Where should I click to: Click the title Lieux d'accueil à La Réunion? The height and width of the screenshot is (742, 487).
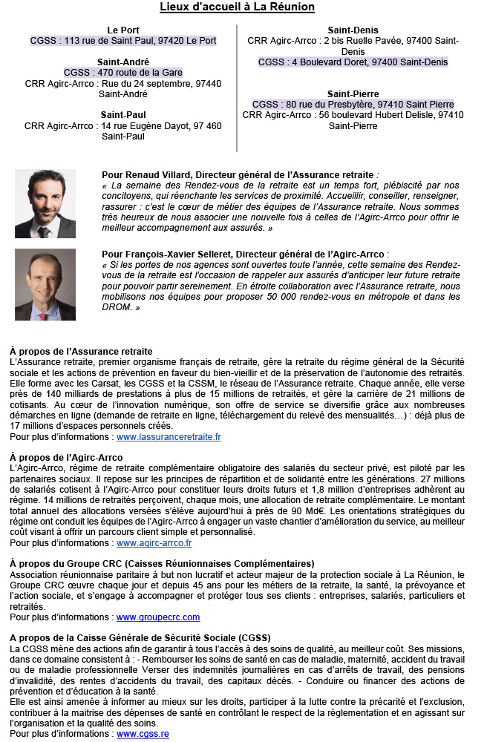pos(238,7)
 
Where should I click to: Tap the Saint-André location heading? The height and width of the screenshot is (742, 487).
pos(123,62)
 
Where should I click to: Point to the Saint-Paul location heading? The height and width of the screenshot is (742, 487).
pos(123,115)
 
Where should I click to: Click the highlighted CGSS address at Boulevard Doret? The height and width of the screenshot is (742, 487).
pos(353,62)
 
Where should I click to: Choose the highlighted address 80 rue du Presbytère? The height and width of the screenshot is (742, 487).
pos(353,105)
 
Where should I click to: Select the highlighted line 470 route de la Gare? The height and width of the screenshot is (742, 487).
pos(123,73)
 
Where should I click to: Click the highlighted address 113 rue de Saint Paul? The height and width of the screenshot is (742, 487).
pos(123,41)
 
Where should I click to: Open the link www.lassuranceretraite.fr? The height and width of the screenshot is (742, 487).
pos(169,438)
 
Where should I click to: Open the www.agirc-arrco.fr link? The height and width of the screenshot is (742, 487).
pos(154,543)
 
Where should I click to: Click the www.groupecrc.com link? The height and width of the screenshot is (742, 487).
pos(158,617)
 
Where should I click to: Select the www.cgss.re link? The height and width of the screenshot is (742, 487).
pos(143,734)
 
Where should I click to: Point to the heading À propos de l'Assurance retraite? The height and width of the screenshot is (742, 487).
pos(81,351)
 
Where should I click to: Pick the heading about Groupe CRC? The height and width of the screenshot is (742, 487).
pos(162,564)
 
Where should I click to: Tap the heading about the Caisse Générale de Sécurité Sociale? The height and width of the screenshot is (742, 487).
pos(140,638)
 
